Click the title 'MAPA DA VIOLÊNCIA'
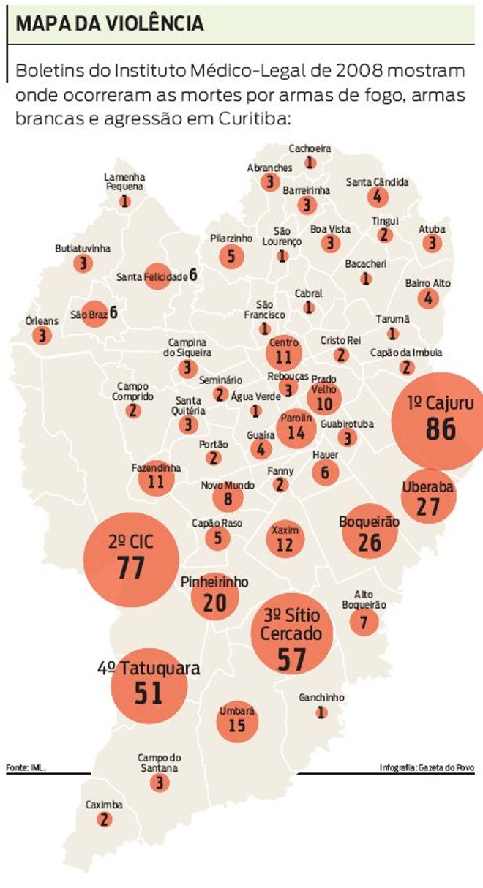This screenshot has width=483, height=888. click(110, 23)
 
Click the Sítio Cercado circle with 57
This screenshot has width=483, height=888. click(291, 633)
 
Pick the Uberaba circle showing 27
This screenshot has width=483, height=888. click(428, 497)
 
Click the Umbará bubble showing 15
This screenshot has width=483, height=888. click(237, 721)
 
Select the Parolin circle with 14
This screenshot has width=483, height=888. click(296, 428)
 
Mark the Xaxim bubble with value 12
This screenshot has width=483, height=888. click(285, 539)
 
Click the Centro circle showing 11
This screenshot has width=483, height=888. click(284, 353)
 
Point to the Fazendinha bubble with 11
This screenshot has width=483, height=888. click(156, 478)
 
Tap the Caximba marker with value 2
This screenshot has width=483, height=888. click(105, 819)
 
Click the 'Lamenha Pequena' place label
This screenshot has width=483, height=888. click(124, 181)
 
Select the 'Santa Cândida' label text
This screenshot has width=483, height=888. click(377, 182)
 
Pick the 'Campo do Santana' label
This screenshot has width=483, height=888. click(159, 763)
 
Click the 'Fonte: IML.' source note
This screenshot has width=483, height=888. click(26, 767)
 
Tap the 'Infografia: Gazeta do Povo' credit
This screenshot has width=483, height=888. click(427, 767)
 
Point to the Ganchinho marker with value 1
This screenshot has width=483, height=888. click(321, 712)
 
